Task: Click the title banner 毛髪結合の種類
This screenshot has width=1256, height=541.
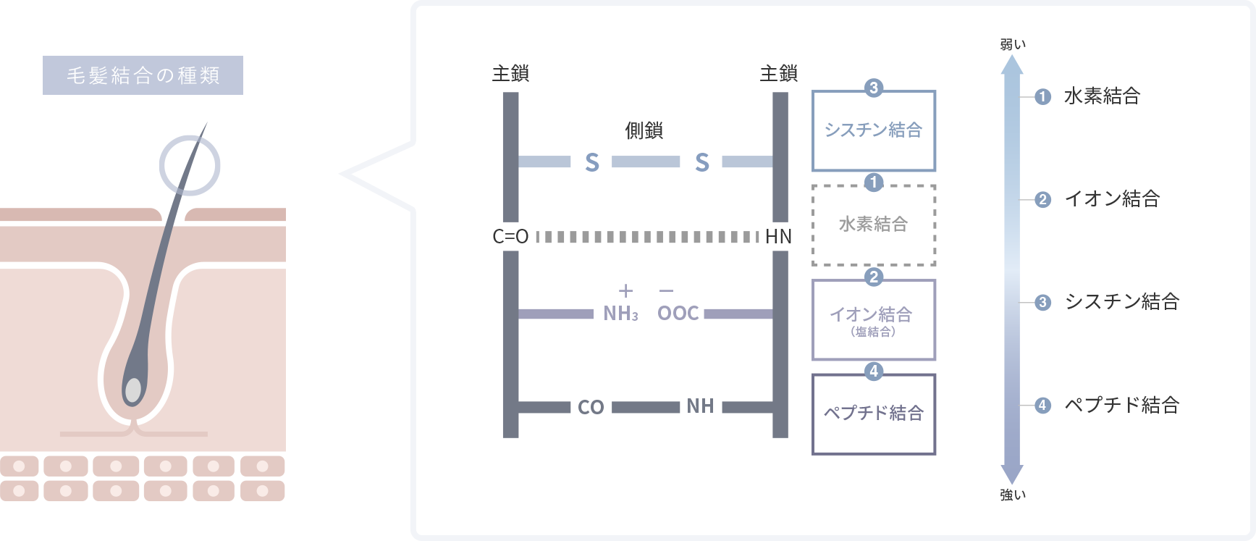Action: [143, 75]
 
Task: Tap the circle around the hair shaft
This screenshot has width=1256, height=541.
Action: [190, 165]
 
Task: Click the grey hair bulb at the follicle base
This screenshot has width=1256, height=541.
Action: [133, 389]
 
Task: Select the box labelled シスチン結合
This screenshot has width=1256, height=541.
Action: [874, 130]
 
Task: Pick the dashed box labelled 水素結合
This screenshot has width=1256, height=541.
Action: [874, 225]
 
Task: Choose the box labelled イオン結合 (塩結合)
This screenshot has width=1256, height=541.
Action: [874, 320]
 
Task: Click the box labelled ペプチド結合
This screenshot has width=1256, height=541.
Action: [874, 414]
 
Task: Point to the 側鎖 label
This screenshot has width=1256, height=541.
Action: [644, 130]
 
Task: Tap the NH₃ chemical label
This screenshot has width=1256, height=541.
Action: [620, 313]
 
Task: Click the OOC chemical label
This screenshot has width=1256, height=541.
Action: [678, 313]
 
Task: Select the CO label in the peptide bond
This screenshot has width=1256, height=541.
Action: [591, 407]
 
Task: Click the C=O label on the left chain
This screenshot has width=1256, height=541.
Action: [510, 237]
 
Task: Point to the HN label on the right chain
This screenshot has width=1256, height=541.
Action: [778, 237]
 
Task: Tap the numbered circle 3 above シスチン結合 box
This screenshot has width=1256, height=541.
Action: [874, 88]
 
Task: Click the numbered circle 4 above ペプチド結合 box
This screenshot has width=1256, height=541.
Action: [874, 371]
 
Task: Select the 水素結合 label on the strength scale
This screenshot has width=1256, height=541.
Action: [1102, 96]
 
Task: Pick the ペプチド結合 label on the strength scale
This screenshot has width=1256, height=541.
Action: [1121, 405]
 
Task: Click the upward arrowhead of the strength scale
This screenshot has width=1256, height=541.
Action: [1012, 65]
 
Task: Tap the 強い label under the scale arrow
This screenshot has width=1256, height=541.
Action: [1013, 495]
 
